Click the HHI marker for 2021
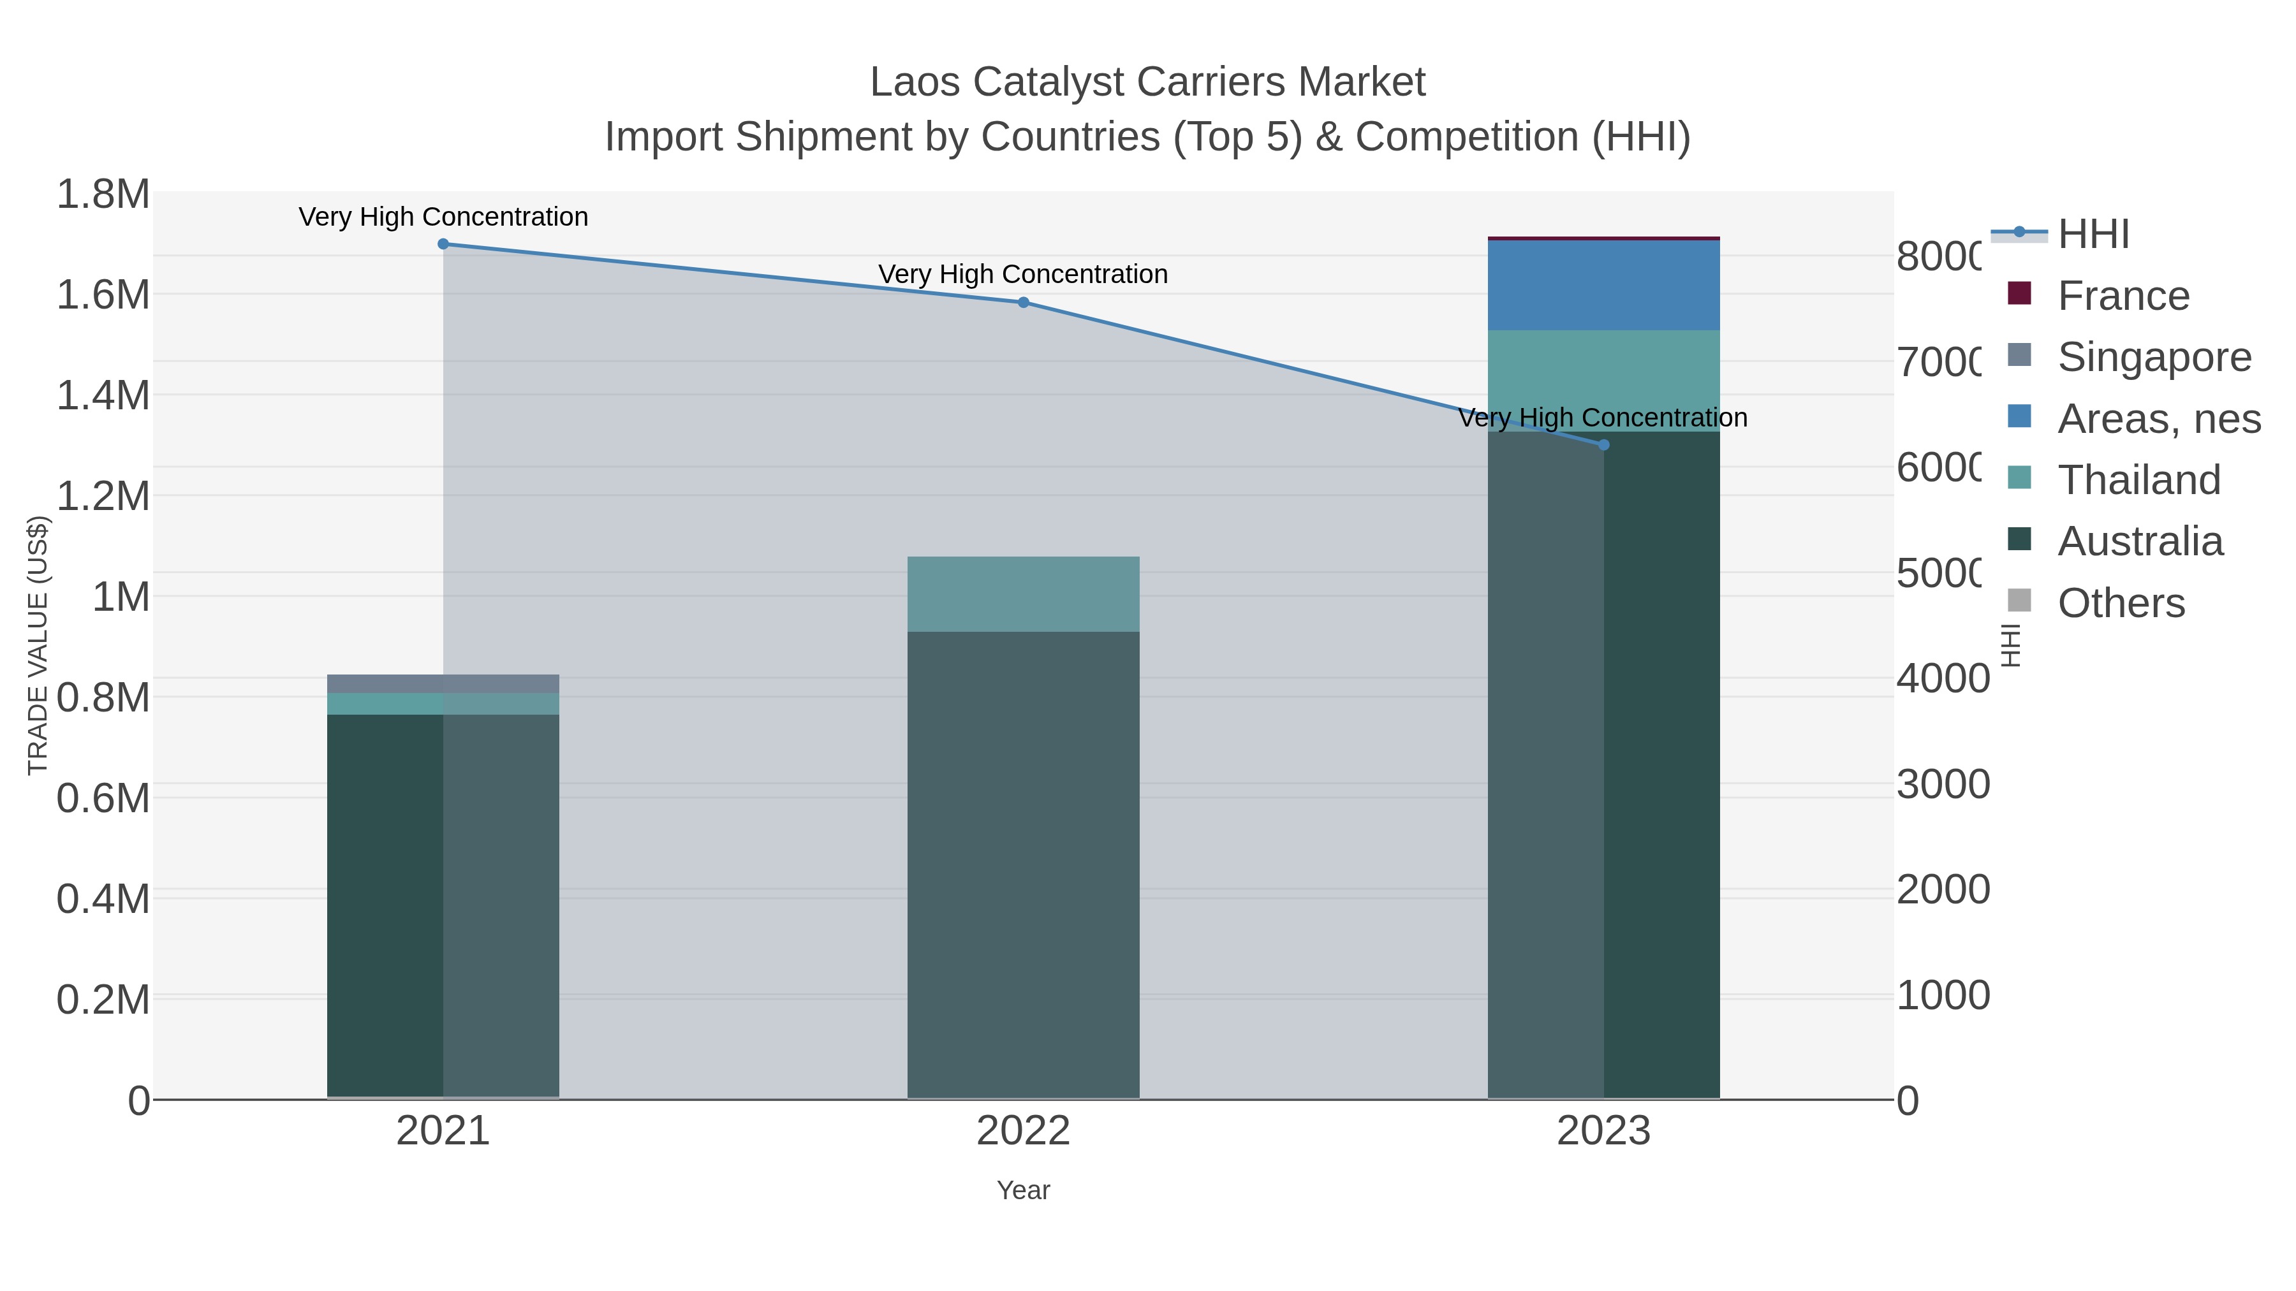click(x=443, y=244)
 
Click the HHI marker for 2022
click(x=1023, y=302)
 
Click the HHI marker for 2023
click(x=1603, y=444)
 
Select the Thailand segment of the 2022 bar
click(x=1023, y=594)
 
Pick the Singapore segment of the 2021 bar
click(x=443, y=683)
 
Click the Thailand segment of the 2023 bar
click(x=1603, y=381)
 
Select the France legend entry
click(x=2123, y=296)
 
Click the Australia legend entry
click(x=2140, y=542)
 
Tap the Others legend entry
click(x=2121, y=603)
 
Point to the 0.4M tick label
click(x=103, y=899)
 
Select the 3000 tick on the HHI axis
click(x=1943, y=785)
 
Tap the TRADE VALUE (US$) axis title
click(x=38, y=645)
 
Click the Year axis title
click(x=1023, y=1190)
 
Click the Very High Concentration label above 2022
click(x=1023, y=274)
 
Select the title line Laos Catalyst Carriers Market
click(x=1147, y=82)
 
